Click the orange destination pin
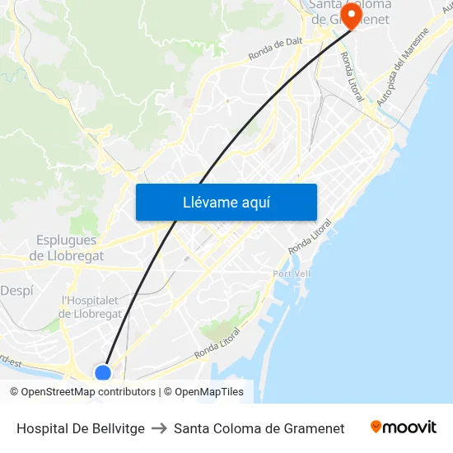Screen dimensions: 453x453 pyautogui.click(x=351, y=14)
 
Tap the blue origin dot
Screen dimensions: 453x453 pyautogui.click(x=103, y=373)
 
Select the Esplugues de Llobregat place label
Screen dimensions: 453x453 pyautogui.click(x=67, y=248)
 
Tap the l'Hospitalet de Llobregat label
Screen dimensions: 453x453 pyautogui.click(x=91, y=307)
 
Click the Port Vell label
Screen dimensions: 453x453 pyautogui.click(x=292, y=273)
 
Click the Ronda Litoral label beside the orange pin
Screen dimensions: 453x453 pyautogui.click(x=352, y=77)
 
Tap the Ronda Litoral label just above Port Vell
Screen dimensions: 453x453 pyautogui.click(x=310, y=236)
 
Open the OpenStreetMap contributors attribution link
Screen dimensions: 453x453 pyautogui.click(x=88, y=392)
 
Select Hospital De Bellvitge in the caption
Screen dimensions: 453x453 pyautogui.click(x=81, y=428)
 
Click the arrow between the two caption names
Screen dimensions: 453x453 pyautogui.click(x=159, y=428)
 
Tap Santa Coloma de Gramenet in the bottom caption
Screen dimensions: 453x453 pyautogui.click(x=259, y=428)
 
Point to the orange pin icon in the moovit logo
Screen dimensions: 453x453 pyautogui.click(x=376, y=427)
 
